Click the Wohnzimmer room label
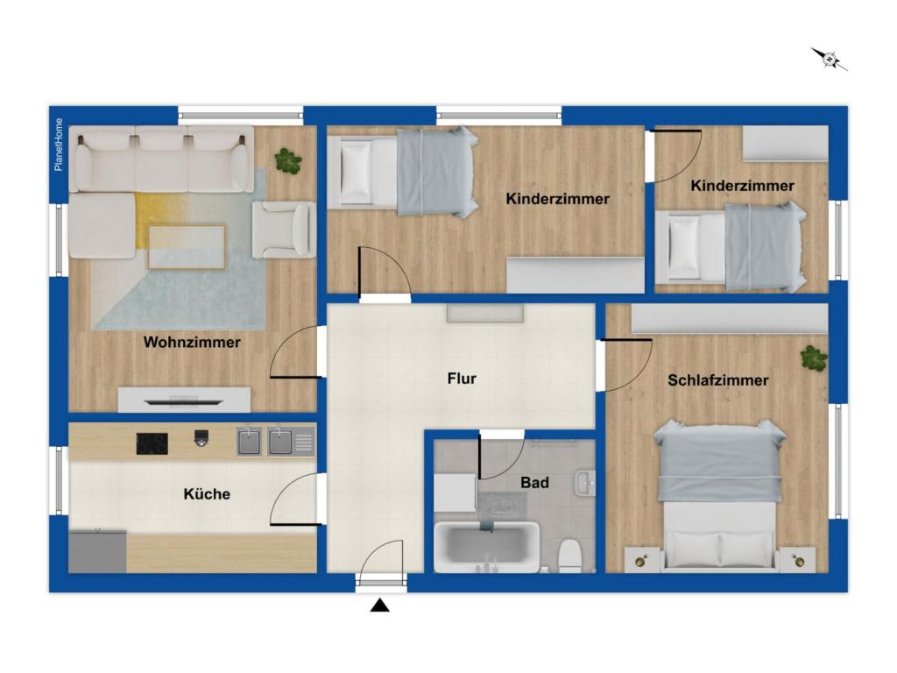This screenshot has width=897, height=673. coord(192,343)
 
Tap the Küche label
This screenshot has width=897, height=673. coord(207,494)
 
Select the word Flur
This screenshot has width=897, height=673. coord(462,379)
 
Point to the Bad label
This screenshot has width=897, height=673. coord(534,483)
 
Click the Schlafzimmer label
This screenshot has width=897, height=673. coord(718,380)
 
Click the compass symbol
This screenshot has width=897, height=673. coord(829,59)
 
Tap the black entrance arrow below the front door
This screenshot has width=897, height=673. coord(380,605)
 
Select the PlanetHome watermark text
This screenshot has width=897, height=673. coord(59,145)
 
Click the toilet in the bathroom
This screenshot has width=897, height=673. coord(569,556)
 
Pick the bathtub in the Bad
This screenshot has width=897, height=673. coord(486,547)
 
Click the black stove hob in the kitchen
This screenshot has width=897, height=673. coord(152,443)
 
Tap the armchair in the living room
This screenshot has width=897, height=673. coord(284,230)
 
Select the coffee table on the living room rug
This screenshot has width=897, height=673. coord(187,246)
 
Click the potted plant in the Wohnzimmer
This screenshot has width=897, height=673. coord(287,161)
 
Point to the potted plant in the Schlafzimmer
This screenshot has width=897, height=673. coord(814,358)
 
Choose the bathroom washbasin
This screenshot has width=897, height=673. coord(585,484)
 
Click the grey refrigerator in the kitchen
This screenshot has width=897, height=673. coord(97,551)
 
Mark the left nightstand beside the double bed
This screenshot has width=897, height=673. coord(643,560)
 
